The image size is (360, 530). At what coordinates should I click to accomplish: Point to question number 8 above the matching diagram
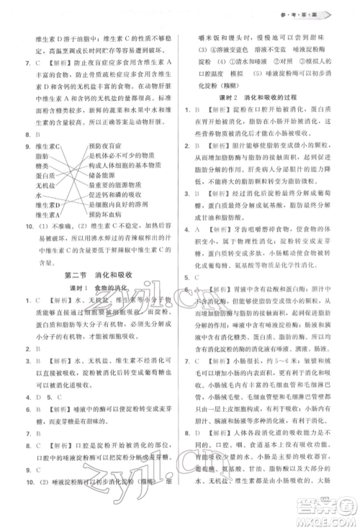coord(19,134)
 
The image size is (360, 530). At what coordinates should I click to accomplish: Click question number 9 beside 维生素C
coord(19,145)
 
